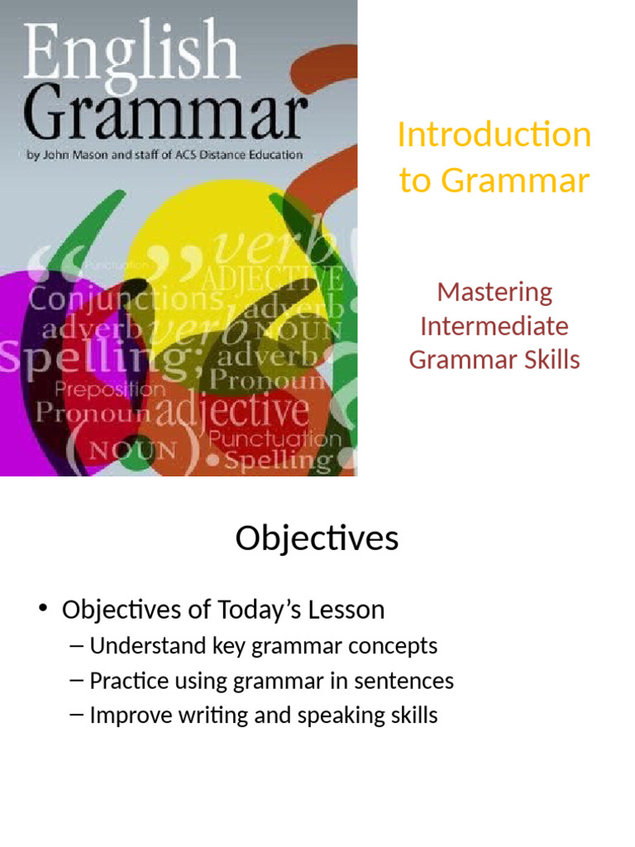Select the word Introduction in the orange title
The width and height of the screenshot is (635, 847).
click(x=494, y=135)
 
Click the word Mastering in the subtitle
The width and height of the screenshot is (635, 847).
click(x=494, y=291)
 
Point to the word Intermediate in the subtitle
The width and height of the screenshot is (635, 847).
click(x=494, y=326)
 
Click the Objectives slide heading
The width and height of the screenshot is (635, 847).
click(x=317, y=538)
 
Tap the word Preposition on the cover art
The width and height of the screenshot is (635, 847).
click(x=110, y=389)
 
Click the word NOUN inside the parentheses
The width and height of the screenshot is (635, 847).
click(x=133, y=452)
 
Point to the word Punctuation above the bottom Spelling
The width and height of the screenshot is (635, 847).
click(x=275, y=438)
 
